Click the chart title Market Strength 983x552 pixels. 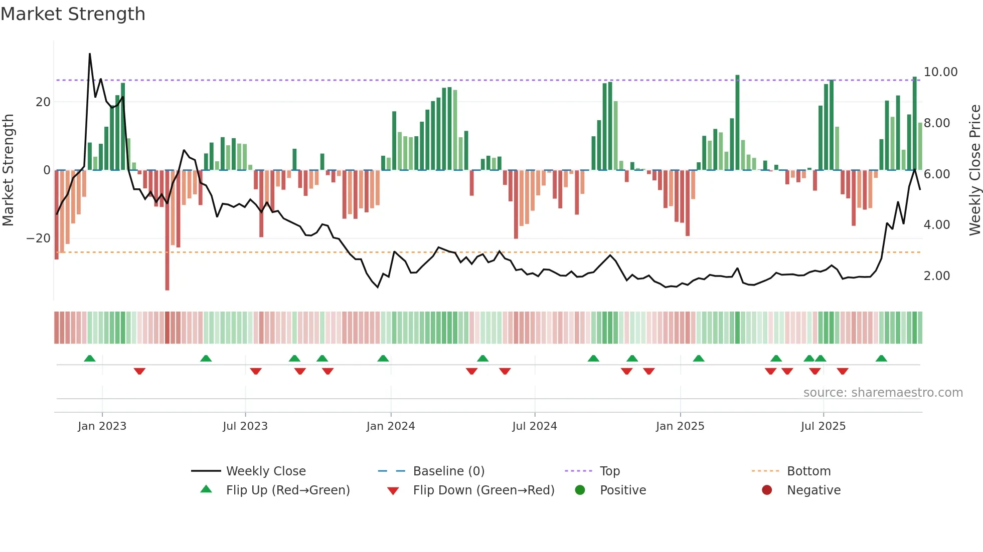point(73,14)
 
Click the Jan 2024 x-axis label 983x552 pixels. point(391,426)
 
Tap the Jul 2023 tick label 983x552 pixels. point(245,426)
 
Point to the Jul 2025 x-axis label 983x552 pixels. point(823,426)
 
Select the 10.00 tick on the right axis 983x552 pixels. point(940,72)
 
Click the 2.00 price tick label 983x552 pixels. point(936,276)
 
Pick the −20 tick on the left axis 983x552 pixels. point(39,238)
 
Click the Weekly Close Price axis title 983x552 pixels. point(974,170)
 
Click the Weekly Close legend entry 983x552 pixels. point(265,471)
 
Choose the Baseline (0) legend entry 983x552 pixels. point(448,471)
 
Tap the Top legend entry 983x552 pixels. point(609,471)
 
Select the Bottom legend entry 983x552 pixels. point(808,471)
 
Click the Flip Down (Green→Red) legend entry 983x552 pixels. point(483,490)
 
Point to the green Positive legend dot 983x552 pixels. point(580,490)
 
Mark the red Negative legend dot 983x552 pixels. point(767,490)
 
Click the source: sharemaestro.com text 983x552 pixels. point(883,393)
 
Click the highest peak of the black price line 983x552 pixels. point(90,54)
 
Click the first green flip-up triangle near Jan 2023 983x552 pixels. point(90,358)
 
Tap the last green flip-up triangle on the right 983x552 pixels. point(881,358)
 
